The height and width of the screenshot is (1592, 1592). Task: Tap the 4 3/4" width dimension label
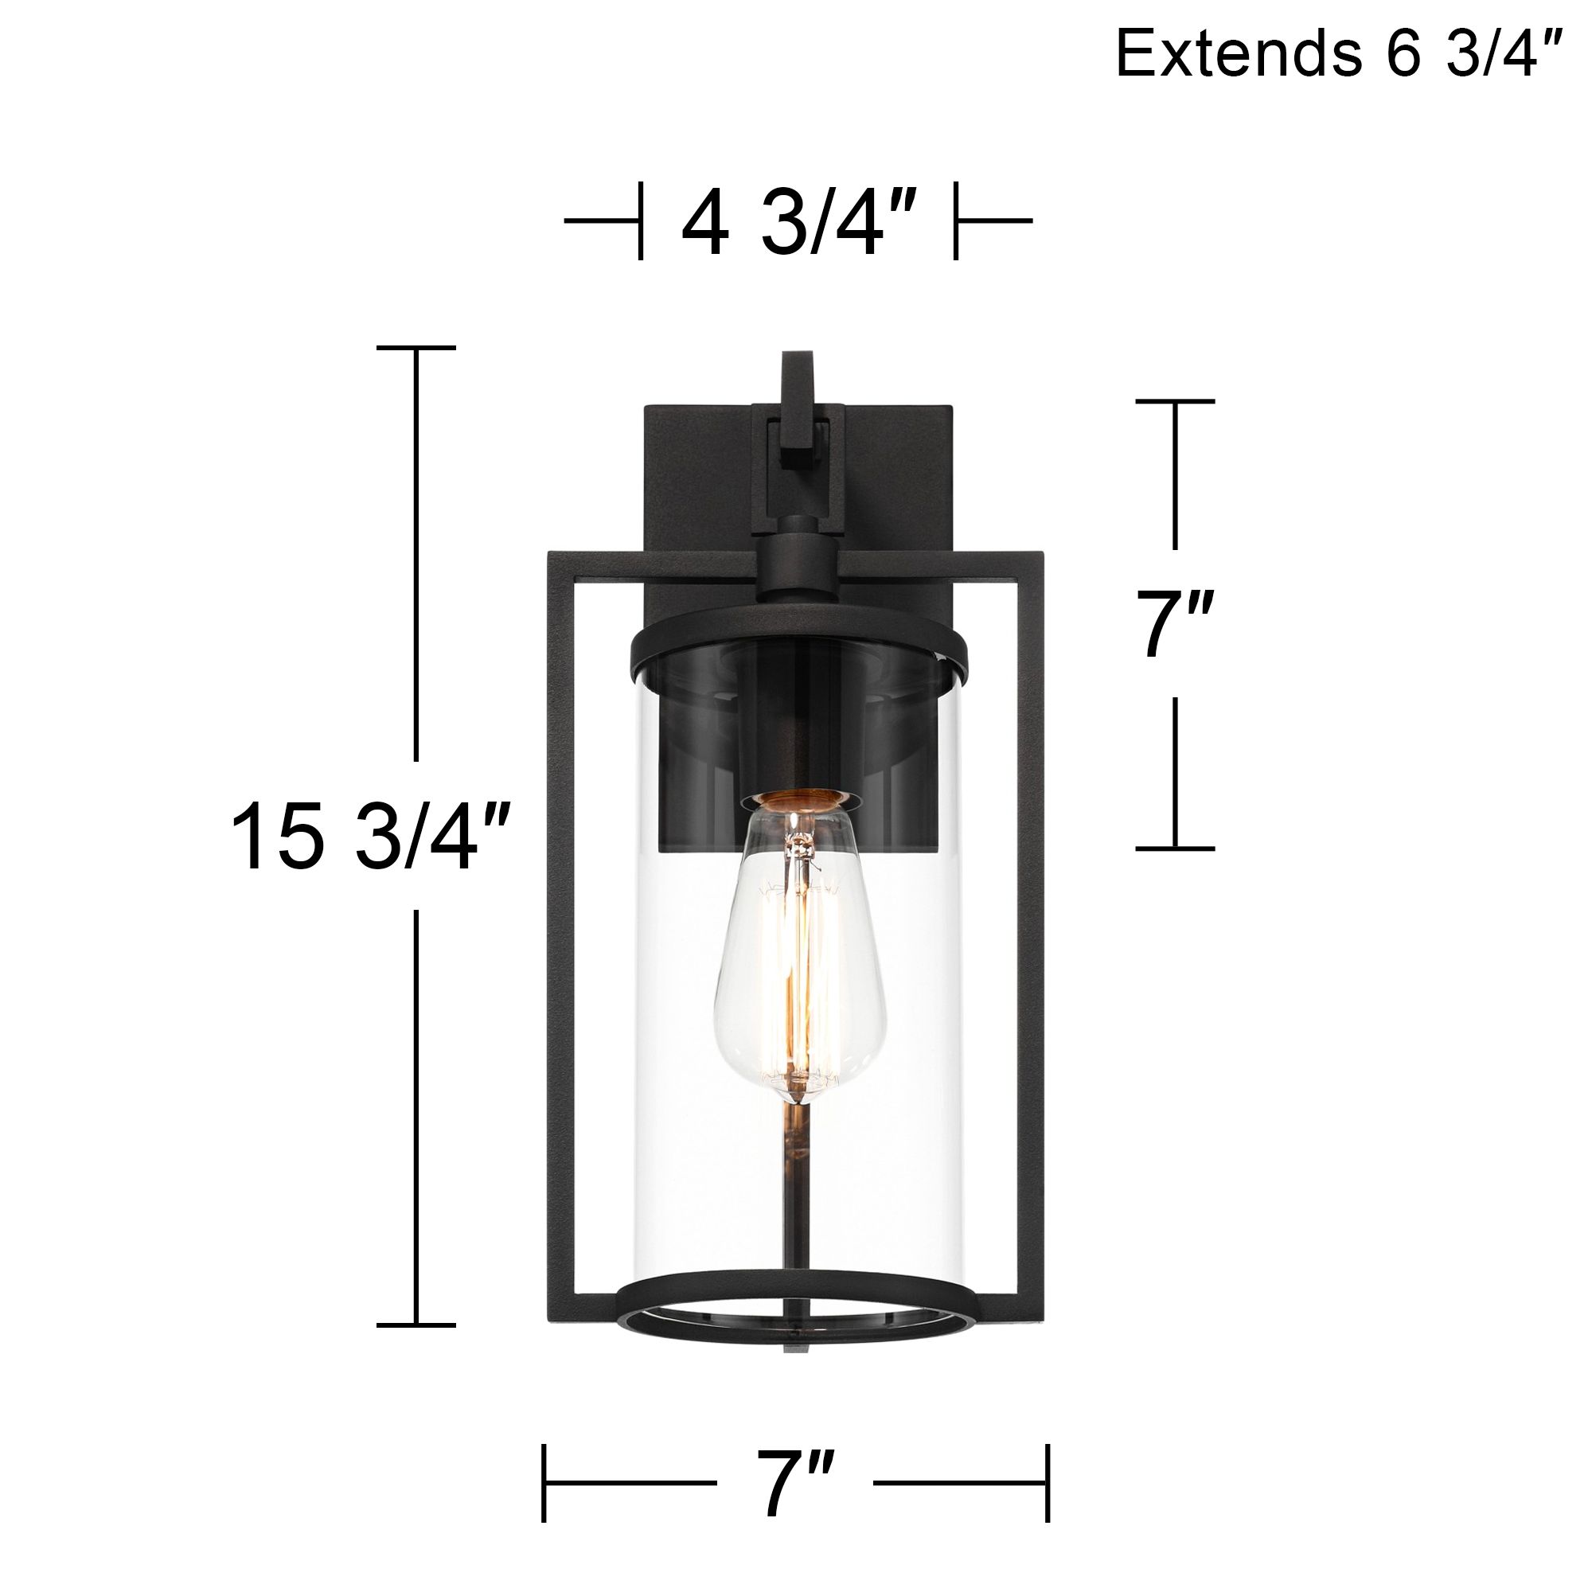[x=798, y=223]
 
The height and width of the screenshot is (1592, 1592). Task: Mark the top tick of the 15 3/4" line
[x=416, y=348]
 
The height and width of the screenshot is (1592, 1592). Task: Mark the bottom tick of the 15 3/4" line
[x=416, y=1325]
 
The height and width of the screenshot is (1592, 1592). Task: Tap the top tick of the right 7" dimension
[x=1175, y=401]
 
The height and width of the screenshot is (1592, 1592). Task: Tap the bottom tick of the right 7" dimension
[x=1175, y=848]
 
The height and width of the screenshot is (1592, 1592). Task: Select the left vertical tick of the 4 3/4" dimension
[x=640, y=220]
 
